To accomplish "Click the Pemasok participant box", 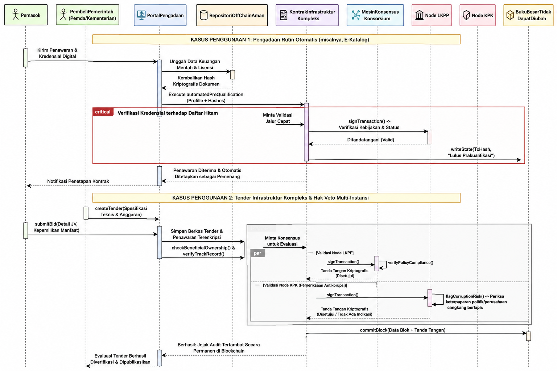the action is click(x=26, y=15).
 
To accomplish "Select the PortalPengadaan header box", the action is click(x=160, y=15).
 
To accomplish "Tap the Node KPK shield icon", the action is click(x=466, y=15).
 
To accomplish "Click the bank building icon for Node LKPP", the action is click(x=419, y=15).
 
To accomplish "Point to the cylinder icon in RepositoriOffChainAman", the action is click(x=204, y=15).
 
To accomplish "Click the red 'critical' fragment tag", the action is click(x=103, y=112).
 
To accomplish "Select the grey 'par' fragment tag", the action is click(x=257, y=253).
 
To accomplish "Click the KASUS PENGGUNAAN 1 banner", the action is click(x=276, y=39).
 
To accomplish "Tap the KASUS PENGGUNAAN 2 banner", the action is click(x=276, y=198).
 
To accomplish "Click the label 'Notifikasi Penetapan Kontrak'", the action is click(x=78, y=181).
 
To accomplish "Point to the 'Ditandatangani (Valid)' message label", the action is click(x=371, y=139).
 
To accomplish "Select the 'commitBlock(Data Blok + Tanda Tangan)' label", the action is click(x=403, y=330).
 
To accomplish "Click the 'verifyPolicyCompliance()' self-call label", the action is click(x=410, y=262).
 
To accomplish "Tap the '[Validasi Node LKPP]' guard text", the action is click(x=334, y=253).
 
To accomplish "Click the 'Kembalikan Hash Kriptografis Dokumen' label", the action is click(x=196, y=81).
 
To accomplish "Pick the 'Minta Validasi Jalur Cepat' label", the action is click(x=277, y=118).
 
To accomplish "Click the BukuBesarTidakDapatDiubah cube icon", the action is click(x=510, y=15).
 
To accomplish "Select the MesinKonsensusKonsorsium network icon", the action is click(x=356, y=15).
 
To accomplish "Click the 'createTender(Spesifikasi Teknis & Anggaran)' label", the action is click(x=121, y=212).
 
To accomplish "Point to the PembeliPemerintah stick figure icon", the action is click(x=63, y=14).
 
